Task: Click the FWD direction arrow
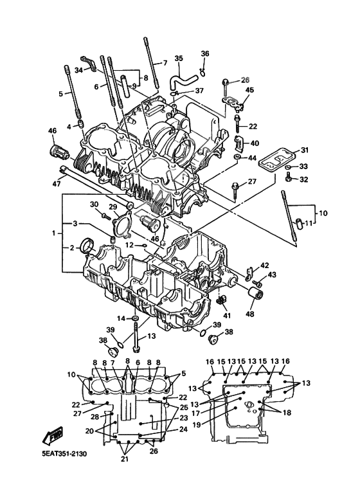click(x=52, y=436)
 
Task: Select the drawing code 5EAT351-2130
click(x=64, y=453)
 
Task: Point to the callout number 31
click(x=305, y=150)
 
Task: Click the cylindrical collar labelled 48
click(x=255, y=294)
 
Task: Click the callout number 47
click(x=56, y=183)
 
